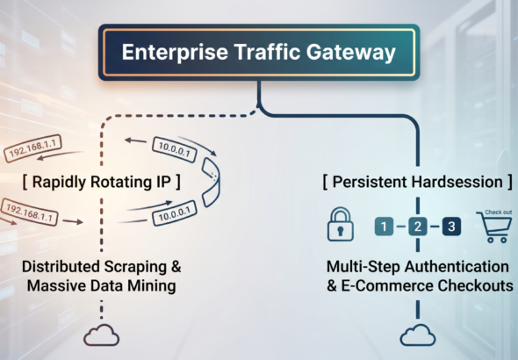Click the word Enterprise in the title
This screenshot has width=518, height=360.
175,52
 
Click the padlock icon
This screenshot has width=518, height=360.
341,224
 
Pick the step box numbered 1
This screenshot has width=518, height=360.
384,227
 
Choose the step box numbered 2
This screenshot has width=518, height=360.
418,227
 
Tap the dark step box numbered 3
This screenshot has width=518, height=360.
451,227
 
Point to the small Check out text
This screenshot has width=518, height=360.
498,212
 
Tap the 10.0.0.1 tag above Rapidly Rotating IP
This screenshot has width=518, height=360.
175,149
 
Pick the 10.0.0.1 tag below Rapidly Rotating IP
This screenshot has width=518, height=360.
175,213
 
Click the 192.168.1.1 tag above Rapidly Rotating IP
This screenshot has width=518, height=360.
32,148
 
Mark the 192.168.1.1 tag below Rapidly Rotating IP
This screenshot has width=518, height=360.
29,212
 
